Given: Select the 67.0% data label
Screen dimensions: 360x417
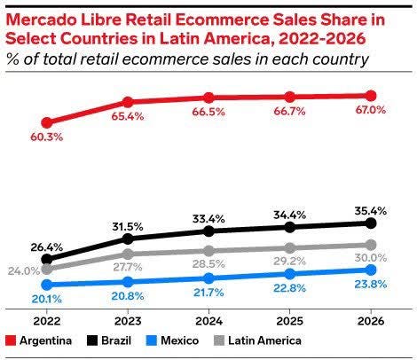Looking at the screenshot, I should [370, 111].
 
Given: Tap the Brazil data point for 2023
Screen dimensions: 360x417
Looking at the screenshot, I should [128, 239].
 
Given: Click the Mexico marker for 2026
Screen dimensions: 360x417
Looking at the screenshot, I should [370, 270].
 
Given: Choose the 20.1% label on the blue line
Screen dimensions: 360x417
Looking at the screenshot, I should [46, 299].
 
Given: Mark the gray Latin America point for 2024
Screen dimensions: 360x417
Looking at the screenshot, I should [208, 251].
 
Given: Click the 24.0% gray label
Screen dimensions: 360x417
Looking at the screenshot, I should [24, 271].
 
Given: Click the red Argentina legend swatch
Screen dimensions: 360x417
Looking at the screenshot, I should [10, 340].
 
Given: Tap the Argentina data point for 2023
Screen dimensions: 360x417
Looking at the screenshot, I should [128, 102].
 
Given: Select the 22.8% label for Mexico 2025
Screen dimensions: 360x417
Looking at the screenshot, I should [289, 287].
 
